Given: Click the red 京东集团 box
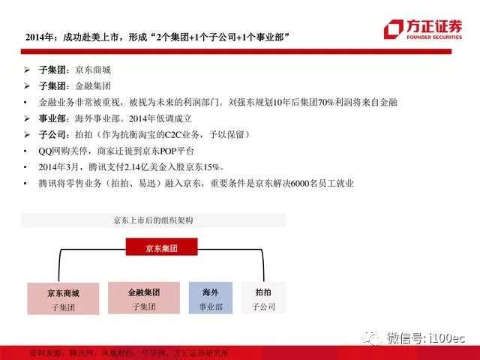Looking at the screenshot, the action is [x=162, y=247].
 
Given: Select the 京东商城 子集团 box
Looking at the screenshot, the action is [x=63, y=298].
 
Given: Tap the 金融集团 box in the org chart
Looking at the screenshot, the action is [x=144, y=298].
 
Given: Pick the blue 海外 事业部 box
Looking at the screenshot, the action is [x=211, y=298].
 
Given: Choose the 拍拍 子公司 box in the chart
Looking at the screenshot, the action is [x=263, y=298].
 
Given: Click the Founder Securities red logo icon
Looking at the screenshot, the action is [x=394, y=29].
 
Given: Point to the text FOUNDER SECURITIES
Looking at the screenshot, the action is [x=434, y=37].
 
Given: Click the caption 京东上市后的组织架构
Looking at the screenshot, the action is [x=153, y=220].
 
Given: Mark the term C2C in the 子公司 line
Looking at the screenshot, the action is [x=173, y=135].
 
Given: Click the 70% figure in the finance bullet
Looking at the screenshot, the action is [x=325, y=102].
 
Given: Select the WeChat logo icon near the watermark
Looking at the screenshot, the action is [x=372, y=338].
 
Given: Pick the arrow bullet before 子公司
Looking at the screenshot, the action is [x=27, y=135].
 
